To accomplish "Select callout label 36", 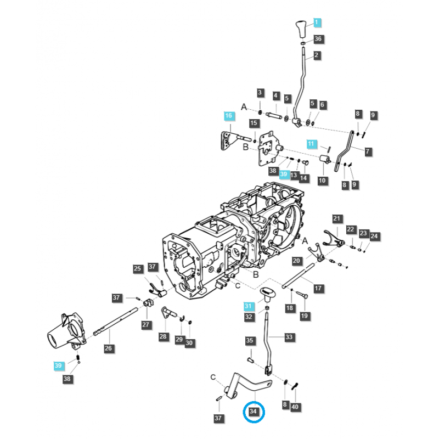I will (x=318, y=39).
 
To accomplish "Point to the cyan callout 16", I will (x=228, y=116).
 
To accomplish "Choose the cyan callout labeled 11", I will (x=312, y=144).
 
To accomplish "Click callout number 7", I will (x=368, y=150).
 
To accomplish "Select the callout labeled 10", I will (x=322, y=180).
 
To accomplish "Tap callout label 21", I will (x=337, y=219).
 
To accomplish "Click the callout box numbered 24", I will (x=375, y=237).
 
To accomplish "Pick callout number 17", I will (x=318, y=288).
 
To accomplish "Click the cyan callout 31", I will (x=249, y=306).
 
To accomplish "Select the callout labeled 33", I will (x=289, y=337).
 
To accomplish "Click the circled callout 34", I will (x=253, y=411).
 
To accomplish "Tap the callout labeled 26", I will (x=108, y=348).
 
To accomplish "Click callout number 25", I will (x=137, y=268).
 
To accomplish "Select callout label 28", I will (x=163, y=336).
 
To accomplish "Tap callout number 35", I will (x=250, y=341).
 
